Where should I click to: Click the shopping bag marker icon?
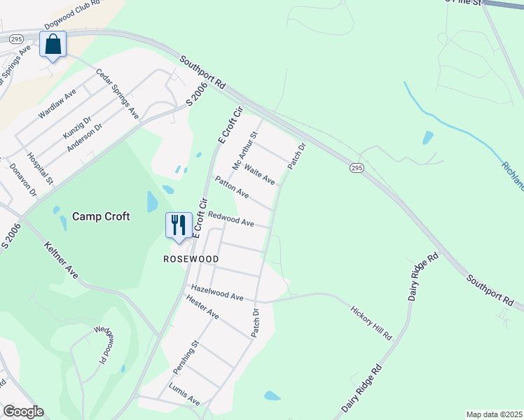pos(53,44)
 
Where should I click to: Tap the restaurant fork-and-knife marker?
pos(179,225)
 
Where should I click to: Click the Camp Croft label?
pos(101,217)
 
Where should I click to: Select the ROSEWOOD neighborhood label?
pos(191,259)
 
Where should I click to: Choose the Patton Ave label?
pos(232,187)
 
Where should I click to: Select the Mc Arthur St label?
pos(246,149)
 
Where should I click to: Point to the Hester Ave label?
pos(202,307)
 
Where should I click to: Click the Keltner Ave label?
pos(60,260)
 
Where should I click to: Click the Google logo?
pos(23,412)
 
